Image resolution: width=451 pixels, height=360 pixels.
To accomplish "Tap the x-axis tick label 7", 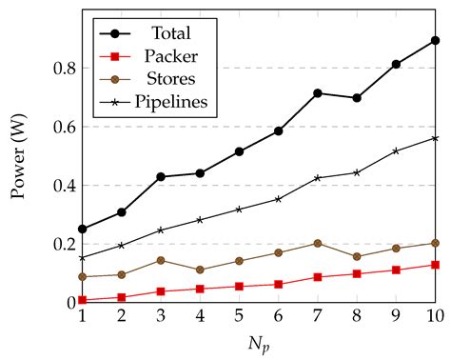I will (318, 315).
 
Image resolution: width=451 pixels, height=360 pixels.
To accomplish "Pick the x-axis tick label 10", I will (434, 315).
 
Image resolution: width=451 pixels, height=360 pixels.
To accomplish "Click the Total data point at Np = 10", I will (435, 41).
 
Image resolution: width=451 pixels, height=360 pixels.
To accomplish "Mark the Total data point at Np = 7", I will (318, 93).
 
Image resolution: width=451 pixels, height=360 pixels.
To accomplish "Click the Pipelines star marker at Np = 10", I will (435, 138).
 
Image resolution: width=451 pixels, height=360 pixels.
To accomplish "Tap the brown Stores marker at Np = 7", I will (318, 243).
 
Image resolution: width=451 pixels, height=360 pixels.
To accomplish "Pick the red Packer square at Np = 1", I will (83, 300).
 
